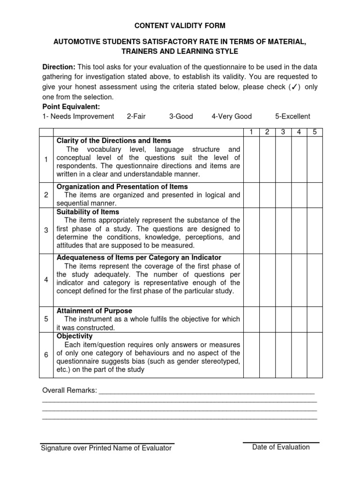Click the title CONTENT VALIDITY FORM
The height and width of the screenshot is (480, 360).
click(x=180, y=25)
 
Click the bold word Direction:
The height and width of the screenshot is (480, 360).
click(x=59, y=67)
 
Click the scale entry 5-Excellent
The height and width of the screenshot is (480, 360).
click(x=292, y=116)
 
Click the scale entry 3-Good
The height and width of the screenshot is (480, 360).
click(x=181, y=116)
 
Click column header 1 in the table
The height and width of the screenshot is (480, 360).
click(x=251, y=132)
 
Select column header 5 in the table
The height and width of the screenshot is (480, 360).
click(x=315, y=132)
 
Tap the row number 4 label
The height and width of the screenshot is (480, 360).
click(x=46, y=279)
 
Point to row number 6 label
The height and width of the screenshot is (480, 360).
click(x=46, y=355)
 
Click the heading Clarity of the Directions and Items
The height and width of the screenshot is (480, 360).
click(x=113, y=141)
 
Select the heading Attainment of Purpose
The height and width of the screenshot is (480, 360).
click(x=94, y=311)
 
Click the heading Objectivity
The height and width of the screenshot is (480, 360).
click(x=75, y=336)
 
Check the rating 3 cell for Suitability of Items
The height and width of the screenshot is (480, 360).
click(x=283, y=230)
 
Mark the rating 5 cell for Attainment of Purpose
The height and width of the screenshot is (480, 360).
click(x=315, y=319)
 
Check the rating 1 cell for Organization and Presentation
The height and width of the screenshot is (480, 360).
click(x=251, y=195)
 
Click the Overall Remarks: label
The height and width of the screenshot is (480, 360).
click(x=69, y=390)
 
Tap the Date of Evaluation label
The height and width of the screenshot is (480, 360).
click(x=281, y=447)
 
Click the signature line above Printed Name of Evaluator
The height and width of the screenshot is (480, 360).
click(x=107, y=443)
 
